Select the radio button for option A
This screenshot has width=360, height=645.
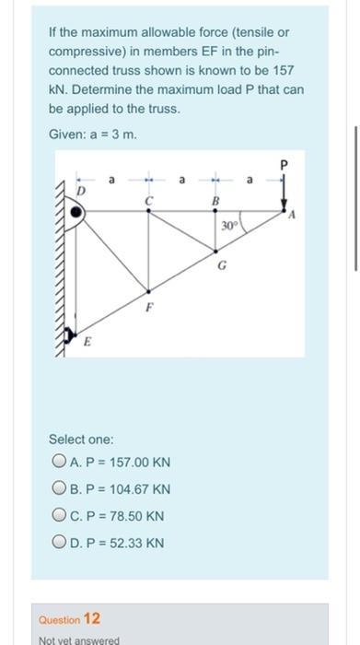pyautogui.click(x=60, y=462)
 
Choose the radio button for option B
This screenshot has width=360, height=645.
pyautogui.click(x=60, y=488)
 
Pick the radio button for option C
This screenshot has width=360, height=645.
pyautogui.click(x=60, y=516)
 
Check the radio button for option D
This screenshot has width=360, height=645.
pyautogui.click(x=60, y=543)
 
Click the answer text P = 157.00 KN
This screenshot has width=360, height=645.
pyautogui.click(x=119, y=462)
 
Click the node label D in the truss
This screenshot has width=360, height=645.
pyautogui.click(x=79, y=190)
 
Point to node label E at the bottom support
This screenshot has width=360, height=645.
pyautogui.click(x=88, y=344)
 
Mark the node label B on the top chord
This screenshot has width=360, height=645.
pyautogui.click(x=215, y=199)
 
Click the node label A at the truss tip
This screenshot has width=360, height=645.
pyautogui.click(x=292, y=219)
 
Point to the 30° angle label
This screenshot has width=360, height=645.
pyautogui.click(x=229, y=225)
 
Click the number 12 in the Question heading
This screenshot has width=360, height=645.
pyautogui.click(x=92, y=618)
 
